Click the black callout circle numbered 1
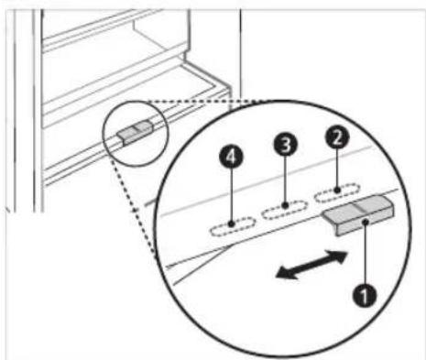(x=365, y=295)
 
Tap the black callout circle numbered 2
(x=337, y=137)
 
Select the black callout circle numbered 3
(x=285, y=144)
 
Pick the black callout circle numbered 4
(x=231, y=158)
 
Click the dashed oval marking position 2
(x=337, y=192)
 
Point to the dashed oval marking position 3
(x=285, y=210)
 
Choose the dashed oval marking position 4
(x=232, y=226)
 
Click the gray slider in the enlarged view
(x=359, y=215)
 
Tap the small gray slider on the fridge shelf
(x=136, y=132)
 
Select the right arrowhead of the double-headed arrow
(x=338, y=256)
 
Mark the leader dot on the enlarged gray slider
(x=366, y=223)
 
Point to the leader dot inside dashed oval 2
(x=337, y=190)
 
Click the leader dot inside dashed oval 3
(x=285, y=206)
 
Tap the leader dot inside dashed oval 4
(x=232, y=224)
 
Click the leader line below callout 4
(x=232, y=195)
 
